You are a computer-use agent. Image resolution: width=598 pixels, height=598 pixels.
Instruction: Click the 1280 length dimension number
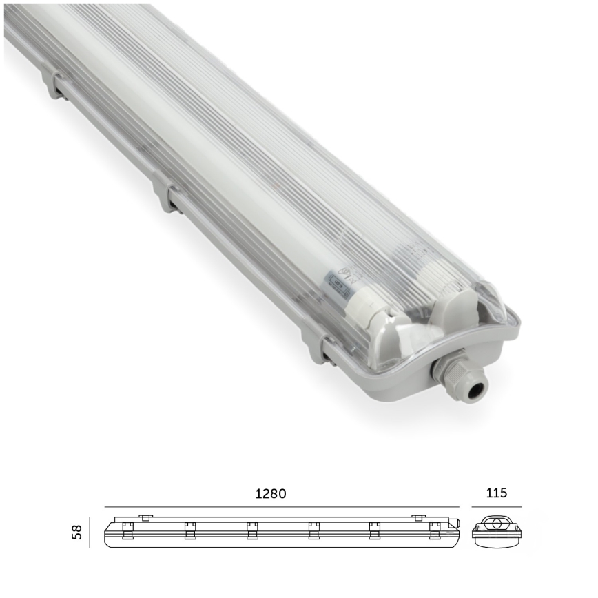(270, 493)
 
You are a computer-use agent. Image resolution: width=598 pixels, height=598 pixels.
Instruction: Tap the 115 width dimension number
(496, 493)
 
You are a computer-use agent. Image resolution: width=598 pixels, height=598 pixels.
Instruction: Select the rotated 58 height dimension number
(78, 533)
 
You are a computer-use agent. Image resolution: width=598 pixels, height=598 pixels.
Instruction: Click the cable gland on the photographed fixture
(455, 375)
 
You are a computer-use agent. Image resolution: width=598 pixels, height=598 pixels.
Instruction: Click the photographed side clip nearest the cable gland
(316, 342)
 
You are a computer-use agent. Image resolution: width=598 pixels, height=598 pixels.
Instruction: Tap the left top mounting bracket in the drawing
(145, 517)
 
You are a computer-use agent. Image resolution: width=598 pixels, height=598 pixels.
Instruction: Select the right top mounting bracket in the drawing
(417, 517)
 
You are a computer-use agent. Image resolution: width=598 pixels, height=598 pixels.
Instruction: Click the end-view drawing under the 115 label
(495, 530)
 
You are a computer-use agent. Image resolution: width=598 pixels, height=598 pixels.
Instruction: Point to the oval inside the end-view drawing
(495, 524)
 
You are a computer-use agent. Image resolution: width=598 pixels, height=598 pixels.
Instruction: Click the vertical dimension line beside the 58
(90, 533)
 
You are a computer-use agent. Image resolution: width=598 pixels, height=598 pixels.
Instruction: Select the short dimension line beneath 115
(496, 507)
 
